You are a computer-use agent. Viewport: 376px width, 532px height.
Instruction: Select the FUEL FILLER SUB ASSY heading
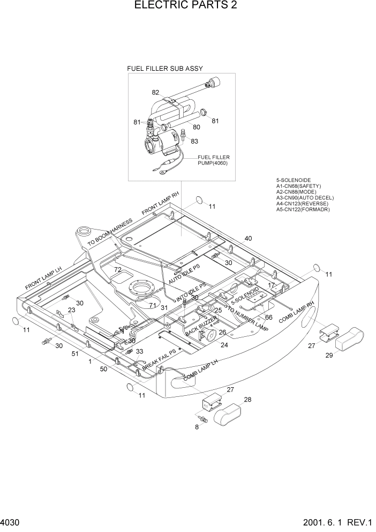click(164, 69)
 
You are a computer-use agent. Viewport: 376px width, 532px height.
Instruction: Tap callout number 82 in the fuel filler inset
click(155, 92)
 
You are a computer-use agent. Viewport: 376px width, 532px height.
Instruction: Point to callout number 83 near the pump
click(194, 142)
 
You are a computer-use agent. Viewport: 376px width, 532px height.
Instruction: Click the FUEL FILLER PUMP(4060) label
click(213, 160)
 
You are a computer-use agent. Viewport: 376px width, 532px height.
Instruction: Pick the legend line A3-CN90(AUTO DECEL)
click(303, 198)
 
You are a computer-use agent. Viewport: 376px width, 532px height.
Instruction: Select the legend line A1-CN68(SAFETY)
click(298, 186)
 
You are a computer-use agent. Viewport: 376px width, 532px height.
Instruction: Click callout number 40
click(248, 238)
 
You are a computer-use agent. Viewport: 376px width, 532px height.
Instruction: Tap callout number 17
click(272, 285)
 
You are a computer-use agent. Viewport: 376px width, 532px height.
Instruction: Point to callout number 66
click(269, 317)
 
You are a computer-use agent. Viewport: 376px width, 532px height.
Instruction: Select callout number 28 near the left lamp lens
click(248, 400)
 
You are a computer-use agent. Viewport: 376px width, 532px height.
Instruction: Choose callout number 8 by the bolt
click(197, 427)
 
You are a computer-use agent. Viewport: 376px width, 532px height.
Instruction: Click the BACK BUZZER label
click(201, 328)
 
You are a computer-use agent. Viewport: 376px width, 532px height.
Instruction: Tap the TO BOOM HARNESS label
click(110, 232)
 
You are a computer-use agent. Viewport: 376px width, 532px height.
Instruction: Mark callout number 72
click(117, 269)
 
